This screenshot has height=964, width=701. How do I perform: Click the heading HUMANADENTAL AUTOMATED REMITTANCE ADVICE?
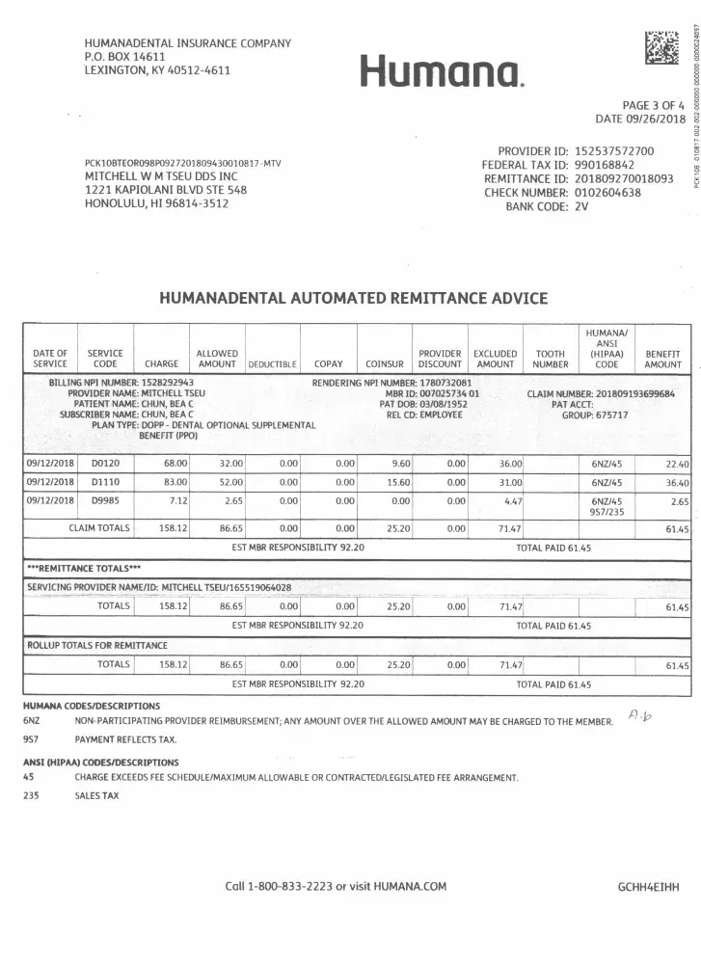click(x=353, y=299)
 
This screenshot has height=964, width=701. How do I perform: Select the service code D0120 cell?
click(x=105, y=437)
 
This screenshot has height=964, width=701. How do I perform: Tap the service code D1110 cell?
click(x=105, y=455)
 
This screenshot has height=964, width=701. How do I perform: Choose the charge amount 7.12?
click(x=175, y=474)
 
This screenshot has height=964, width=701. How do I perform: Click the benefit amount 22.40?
click(x=676, y=438)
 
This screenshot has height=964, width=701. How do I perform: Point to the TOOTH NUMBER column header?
click(x=551, y=359)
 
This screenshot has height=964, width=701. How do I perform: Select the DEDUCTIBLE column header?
click(x=272, y=364)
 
